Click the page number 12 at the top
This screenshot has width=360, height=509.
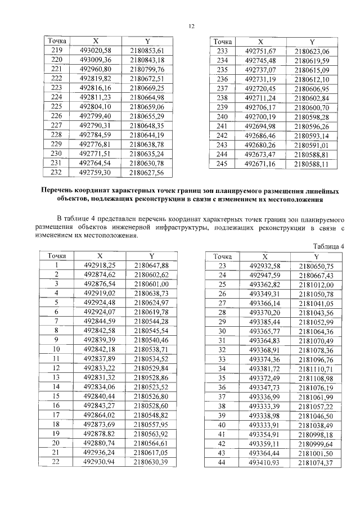click(191, 26)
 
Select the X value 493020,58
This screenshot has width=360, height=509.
click(96, 51)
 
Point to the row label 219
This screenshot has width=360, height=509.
click(57, 51)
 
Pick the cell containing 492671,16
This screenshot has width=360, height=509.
click(260, 164)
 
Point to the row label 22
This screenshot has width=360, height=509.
click(56, 462)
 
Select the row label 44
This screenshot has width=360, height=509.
click(221, 462)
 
